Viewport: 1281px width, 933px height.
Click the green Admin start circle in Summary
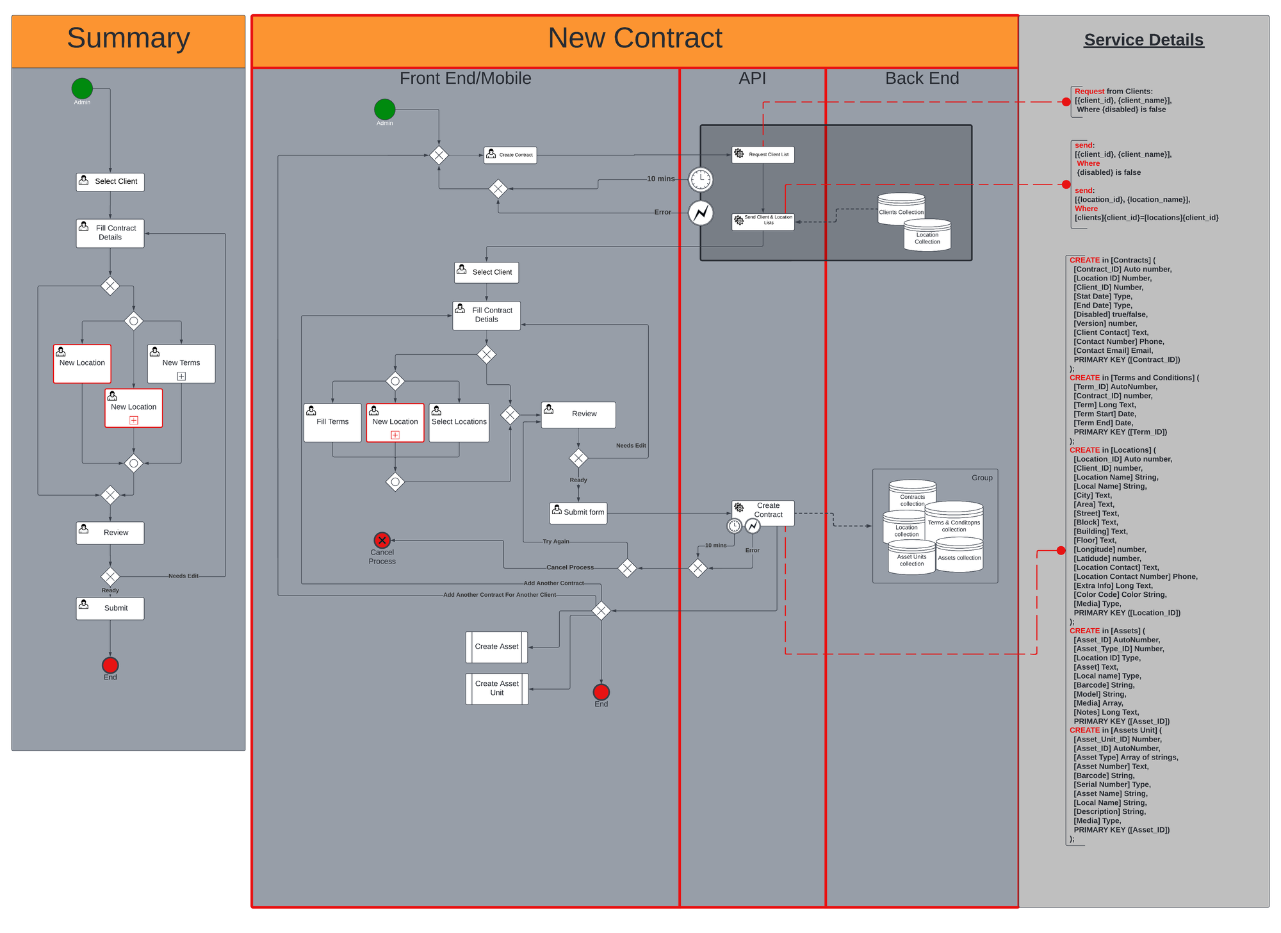tap(82, 88)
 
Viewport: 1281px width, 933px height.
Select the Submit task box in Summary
tap(110, 608)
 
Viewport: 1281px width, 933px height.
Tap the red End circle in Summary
tap(110, 665)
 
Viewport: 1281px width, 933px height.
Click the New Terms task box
tap(181, 364)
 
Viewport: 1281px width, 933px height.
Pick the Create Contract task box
tap(510, 155)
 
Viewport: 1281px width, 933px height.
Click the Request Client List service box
tap(763, 154)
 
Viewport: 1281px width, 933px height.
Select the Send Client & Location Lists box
tap(763, 222)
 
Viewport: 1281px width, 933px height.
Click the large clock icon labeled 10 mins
tap(701, 179)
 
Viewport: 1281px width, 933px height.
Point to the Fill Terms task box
tap(332, 423)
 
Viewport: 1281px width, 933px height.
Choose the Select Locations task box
tap(459, 423)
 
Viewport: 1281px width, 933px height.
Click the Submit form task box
tap(578, 512)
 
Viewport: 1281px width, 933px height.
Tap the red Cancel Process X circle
tap(382, 540)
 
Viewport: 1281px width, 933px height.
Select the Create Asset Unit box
tap(497, 688)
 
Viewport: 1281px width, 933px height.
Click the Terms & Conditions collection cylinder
tap(954, 520)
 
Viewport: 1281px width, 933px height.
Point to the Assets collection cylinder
tap(959, 555)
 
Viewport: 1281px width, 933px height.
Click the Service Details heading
tap(1143, 40)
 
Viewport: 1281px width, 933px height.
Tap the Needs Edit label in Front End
tap(631, 446)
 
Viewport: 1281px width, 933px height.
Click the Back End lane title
tap(922, 78)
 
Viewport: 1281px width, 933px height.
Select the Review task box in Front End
tap(578, 414)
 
